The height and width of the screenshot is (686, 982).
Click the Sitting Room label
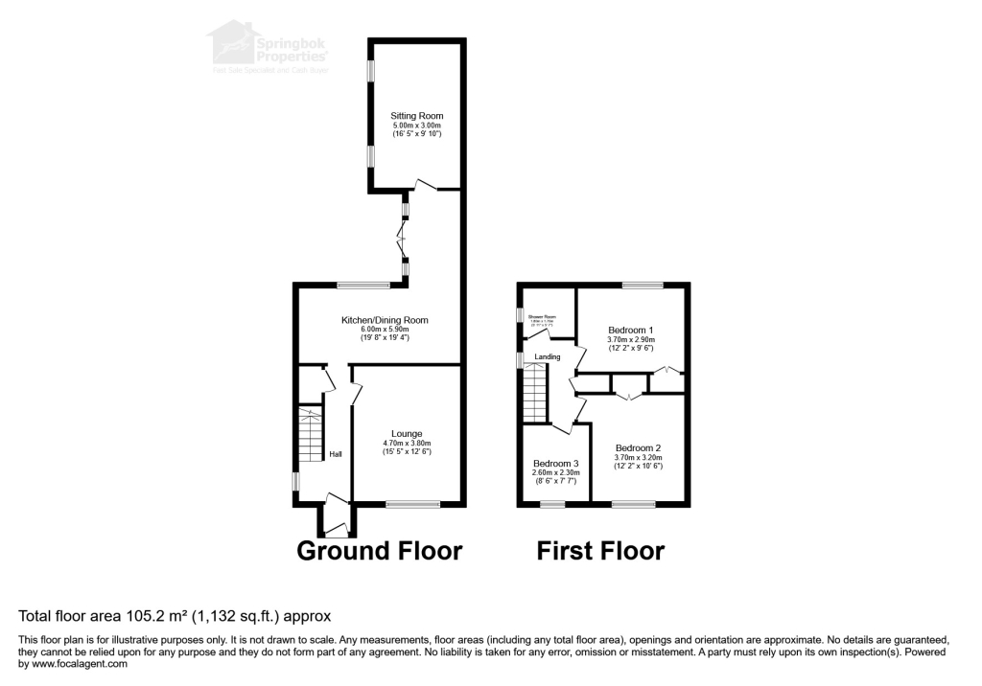coord(417,116)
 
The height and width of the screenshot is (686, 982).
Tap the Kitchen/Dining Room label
coord(385,320)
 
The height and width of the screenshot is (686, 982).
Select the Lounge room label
coord(407,434)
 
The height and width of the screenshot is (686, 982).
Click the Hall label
coord(336,454)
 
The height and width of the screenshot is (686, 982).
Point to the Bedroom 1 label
coord(630,331)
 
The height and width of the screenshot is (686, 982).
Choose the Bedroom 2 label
coord(638,447)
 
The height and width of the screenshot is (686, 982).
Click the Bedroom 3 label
coord(556,463)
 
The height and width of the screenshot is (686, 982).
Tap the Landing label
coord(548,356)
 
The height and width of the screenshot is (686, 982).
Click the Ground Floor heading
coord(380,551)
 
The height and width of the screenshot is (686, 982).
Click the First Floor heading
coord(599,551)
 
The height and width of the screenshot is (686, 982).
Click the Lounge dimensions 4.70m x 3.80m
coord(407,443)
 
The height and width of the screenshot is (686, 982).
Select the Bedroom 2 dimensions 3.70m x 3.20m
coord(638,457)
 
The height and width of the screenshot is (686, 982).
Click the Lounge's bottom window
coord(413,504)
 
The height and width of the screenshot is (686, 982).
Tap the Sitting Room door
coord(425,184)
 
